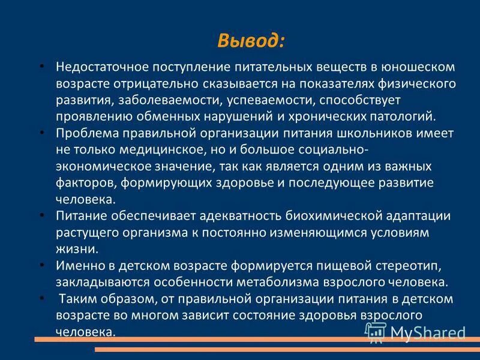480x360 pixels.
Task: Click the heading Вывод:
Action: (250, 41)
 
